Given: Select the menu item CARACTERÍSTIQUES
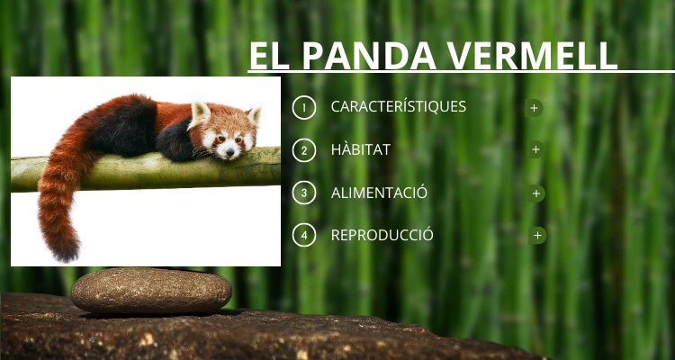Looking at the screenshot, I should coord(399,106).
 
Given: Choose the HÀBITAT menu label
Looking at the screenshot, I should coord(361,149).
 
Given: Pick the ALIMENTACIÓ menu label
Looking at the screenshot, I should coord(379,193).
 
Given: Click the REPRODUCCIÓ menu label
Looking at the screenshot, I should coord(382,235).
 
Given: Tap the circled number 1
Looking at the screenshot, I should coord(304,107).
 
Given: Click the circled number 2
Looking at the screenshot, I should coord(304,150).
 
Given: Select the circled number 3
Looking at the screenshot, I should coord(304,193).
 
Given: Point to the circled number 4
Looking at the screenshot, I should coord(304,236).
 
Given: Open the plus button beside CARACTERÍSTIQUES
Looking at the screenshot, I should coord(535,107).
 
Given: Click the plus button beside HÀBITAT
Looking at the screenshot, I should coord(536,149).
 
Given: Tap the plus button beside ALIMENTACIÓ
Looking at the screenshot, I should coord(537,193).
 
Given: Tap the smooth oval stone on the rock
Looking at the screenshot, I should coord(151,291).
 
